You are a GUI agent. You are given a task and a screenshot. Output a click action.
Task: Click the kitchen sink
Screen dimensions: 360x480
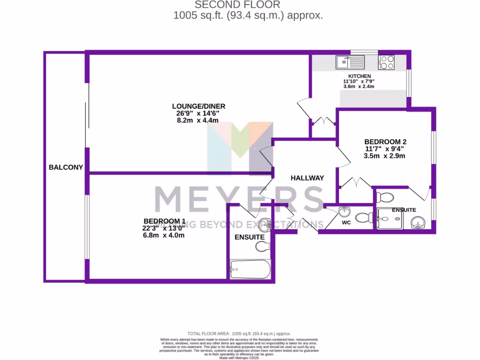(x=350, y=61)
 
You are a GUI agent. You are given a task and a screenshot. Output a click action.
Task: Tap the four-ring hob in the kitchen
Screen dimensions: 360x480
(x=386, y=62)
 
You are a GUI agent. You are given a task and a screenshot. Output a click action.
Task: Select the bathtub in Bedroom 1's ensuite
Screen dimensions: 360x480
(x=250, y=269)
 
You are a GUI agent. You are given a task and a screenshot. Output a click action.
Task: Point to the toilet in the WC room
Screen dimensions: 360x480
(x=364, y=217)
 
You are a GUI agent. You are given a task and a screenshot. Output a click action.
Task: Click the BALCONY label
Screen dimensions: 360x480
(x=66, y=167)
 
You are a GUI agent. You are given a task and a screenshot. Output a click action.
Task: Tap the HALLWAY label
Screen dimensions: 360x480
(x=307, y=178)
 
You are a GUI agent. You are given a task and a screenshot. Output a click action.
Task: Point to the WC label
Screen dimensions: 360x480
(x=346, y=223)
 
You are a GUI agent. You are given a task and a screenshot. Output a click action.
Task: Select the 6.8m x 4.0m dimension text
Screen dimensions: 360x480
(x=164, y=235)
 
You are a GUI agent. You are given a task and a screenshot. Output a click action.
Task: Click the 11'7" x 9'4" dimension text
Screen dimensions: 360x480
(x=384, y=149)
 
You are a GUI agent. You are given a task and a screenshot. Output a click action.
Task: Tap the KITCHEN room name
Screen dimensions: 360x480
(x=360, y=76)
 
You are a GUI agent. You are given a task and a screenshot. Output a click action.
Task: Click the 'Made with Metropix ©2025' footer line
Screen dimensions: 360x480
(x=239, y=358)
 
